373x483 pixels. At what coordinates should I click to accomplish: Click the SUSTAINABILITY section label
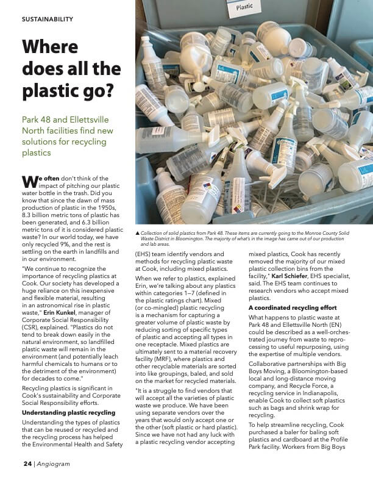[x=48, y=19]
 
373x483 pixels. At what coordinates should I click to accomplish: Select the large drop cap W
[x=30, y=181]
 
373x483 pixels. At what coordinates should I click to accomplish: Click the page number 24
[x=27, y=463]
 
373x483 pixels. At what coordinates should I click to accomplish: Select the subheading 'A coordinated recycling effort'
[x=292, y=307]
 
